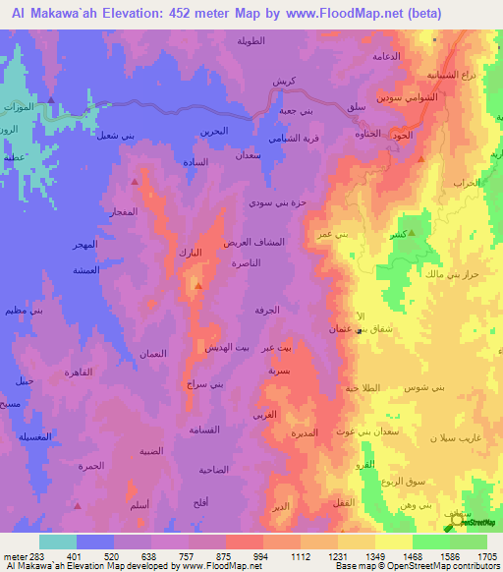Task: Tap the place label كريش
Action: tap(284, 80)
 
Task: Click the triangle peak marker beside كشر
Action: tap(412, 233)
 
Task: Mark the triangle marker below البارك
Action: tap(198, 286)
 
